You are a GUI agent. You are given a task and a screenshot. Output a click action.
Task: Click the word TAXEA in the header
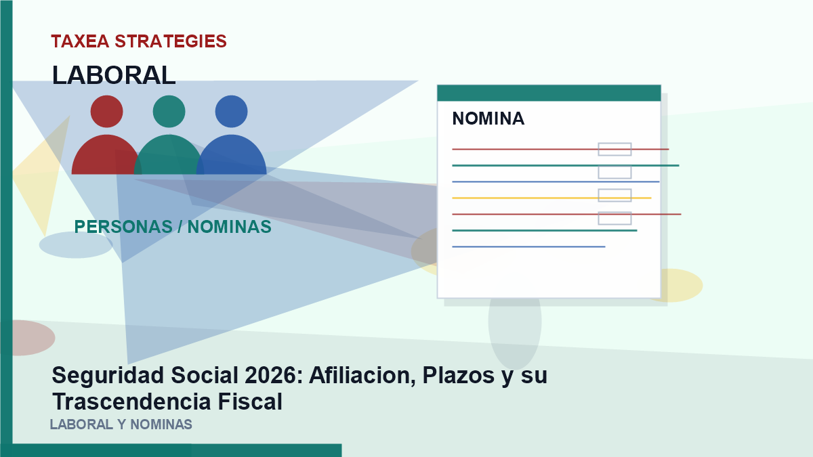coord(80,41)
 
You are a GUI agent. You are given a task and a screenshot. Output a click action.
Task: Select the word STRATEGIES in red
coord(171,41)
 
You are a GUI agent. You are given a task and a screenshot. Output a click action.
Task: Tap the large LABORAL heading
coord(114,75)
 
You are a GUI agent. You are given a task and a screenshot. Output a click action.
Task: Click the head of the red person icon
coord(107,111)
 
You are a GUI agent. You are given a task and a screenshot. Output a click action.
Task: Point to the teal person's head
coord(169,111)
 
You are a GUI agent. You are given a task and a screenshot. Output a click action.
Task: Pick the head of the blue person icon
coord(232,111)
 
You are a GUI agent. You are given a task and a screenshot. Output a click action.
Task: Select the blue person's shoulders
coord(232,156)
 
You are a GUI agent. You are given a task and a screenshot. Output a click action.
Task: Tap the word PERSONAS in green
coord(123,227)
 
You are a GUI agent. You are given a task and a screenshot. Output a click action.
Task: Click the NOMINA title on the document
coord(488,118)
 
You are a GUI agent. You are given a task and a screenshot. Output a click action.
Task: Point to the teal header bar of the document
coord(549,93)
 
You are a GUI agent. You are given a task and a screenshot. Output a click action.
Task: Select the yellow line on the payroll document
coord(551,198)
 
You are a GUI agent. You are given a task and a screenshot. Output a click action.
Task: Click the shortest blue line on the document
coord(529,246)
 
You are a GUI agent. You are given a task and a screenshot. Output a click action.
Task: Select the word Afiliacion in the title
coord(362,375)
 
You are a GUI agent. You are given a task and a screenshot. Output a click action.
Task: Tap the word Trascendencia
coord(131,402)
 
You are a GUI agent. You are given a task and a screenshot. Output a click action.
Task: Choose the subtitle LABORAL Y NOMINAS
coord(121,425)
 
